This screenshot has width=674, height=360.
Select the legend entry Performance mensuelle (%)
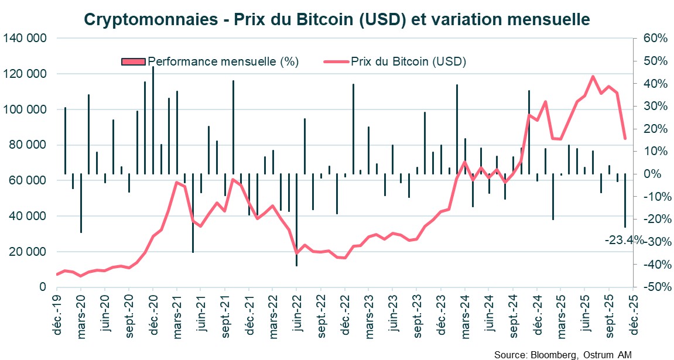click(x=223, y=61)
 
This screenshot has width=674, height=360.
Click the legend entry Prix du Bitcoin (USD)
click(x=408, y=61)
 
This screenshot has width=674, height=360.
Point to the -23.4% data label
click(x=623, y=240)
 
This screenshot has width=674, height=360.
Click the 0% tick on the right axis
click(x=652, y=174)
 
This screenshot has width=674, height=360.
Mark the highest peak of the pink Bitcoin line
click(x=593, y=76)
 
